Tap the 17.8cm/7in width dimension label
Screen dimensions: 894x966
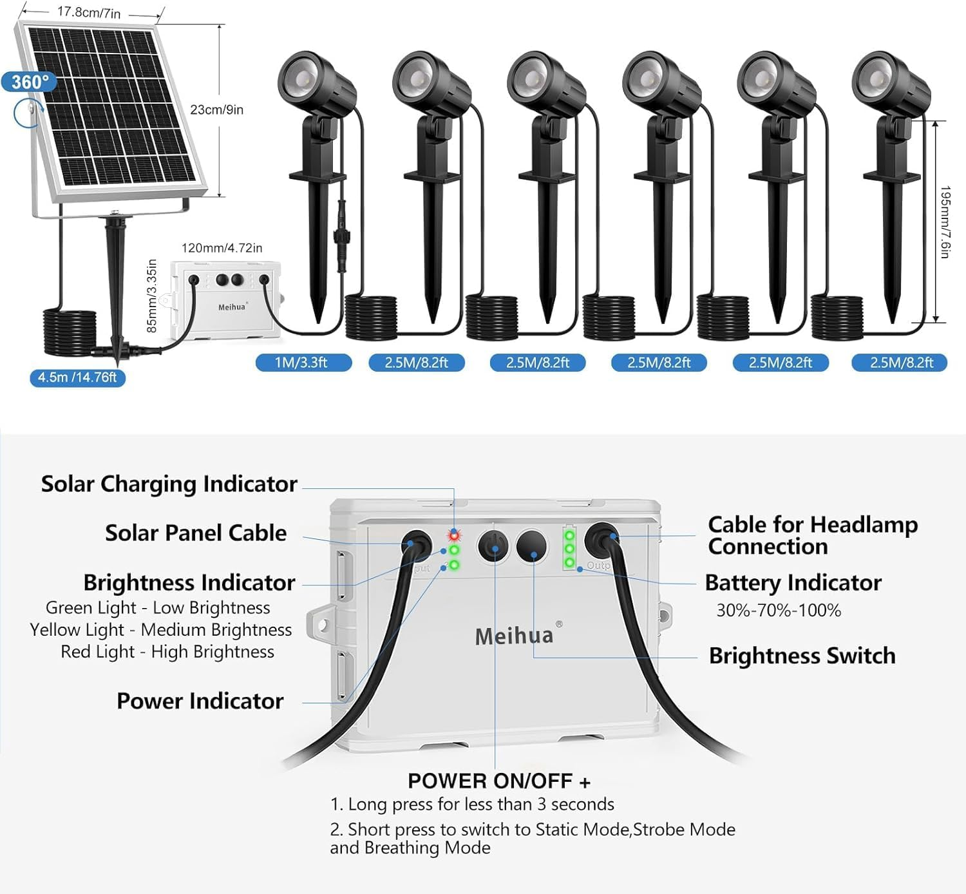point(89,12)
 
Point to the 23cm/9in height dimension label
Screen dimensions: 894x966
point(217,109)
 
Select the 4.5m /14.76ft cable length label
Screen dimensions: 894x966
point(77,377)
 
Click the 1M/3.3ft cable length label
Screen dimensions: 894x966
point(301,363)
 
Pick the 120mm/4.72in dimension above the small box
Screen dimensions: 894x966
point(222,248)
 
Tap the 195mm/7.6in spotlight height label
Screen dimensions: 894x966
point(945,222)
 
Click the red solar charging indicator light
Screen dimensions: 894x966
point(454,535)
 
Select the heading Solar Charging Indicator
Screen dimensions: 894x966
point(169,484)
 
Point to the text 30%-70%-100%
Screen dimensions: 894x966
point(779,610)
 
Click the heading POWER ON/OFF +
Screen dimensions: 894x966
point(499,781)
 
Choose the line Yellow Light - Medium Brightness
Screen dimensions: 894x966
point(161,629)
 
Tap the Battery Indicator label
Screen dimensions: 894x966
point(793,582)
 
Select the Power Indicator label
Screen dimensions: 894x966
point(200,701)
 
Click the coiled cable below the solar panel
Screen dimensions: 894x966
point(70,332)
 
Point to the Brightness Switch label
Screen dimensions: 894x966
point(802,656)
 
